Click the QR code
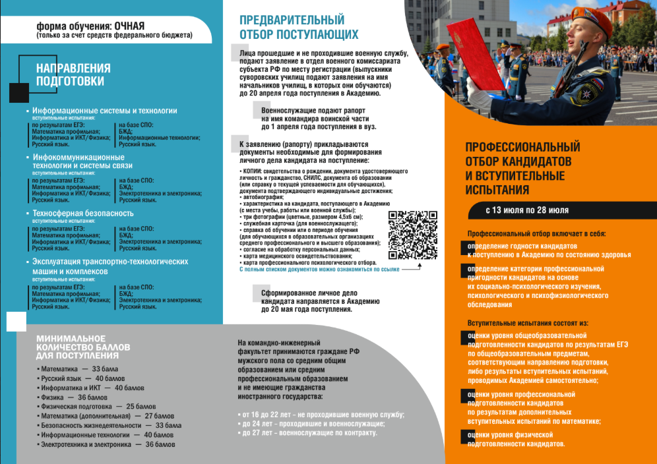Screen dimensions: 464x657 tap(413, 235)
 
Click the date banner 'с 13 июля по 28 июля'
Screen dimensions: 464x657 tap(527, 211)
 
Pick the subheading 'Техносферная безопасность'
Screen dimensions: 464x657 tap(83, 214)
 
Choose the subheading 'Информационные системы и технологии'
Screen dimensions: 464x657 tap(105, 111)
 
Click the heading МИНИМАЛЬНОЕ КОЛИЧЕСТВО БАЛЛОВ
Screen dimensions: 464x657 tap(83, 347)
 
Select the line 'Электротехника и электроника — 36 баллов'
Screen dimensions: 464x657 tap(108, 444)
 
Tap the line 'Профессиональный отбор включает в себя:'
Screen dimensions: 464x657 tap(536, 234)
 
